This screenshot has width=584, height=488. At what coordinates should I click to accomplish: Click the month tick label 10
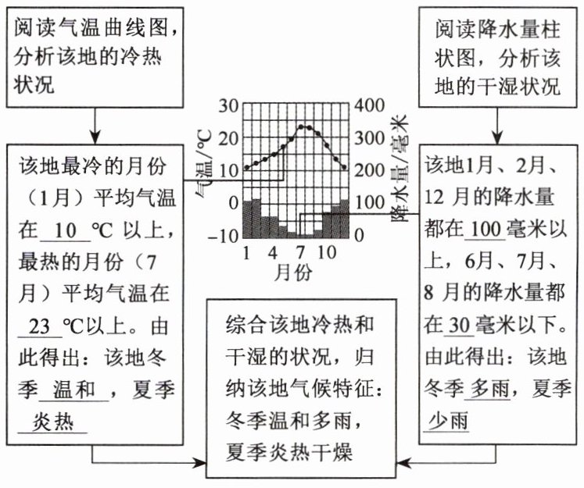tap(328, 252)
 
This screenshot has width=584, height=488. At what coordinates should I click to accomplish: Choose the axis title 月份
tap(294, 272)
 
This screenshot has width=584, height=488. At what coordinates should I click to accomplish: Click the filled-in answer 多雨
tap(491, 389)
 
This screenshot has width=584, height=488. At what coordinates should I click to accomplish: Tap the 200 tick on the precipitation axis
tap(369, 170)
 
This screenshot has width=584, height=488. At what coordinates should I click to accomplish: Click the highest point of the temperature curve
tap(304, 127)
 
